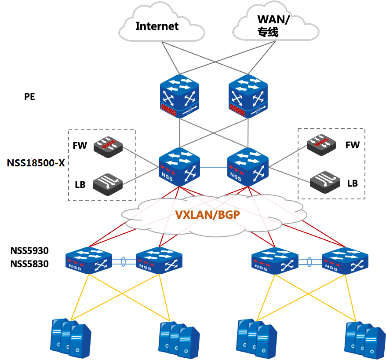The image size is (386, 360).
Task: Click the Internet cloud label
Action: tap(157, 26)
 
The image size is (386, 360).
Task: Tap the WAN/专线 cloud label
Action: tap(273, 26)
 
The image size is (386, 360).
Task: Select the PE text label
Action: tap(29, 96)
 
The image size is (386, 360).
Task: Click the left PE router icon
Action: tap(179, 96)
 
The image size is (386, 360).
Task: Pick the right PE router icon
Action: tap(248, 96)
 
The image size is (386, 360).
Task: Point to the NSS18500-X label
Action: tap(36, 163)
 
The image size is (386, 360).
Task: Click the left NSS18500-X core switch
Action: tap(179, 167)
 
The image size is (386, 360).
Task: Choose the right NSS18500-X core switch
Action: tap(248, 167)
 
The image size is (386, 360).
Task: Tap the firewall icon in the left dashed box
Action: tap(108, 147)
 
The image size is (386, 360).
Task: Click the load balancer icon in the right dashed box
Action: tap(325, 182)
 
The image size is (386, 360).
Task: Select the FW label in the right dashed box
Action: tap(353, 145)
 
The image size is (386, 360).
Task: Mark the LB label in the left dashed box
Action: tap(80, 184)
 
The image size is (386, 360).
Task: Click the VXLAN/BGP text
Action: tap(208, 215)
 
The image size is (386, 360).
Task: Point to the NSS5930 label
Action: tap(29, 250)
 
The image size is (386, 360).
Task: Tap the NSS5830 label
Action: tap(29, 264)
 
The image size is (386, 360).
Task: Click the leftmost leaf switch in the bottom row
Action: tap(89, 261)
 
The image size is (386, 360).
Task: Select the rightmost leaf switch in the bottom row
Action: tap(345, 261)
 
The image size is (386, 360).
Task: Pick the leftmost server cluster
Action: tap(71, 338)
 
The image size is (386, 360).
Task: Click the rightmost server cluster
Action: tap(365, 340)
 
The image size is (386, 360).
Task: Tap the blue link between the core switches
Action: tap(213, 167)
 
